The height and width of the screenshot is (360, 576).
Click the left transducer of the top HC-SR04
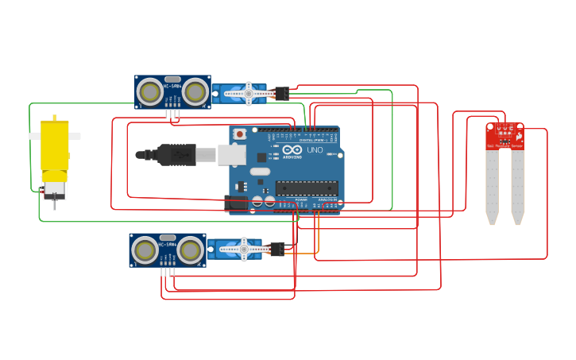click(x=149, y=91)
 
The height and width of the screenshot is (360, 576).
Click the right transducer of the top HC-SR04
click(x=195, y=91)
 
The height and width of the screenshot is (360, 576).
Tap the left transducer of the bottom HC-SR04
click(x=145, y=250)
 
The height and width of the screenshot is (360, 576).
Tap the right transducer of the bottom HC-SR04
click(x=190, y=250)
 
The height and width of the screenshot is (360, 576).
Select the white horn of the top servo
click(x=248, y=93)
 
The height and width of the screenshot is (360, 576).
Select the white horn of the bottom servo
click(x=243, y=249)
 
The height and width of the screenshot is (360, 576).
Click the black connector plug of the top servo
click(x=280, y=93)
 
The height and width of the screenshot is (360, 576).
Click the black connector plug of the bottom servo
click(x=276, y=249)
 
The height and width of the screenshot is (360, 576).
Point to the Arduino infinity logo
click(x=292, y=150)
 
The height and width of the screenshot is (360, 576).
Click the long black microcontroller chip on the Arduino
click(x=306, y=188)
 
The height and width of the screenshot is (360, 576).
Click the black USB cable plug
click(x=176, y=154)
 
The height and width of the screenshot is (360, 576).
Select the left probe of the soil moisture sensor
click(x=493, y=187)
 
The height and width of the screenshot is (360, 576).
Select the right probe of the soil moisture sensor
click(x=518, y=187)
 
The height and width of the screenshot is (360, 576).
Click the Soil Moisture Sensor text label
click(x=504, y=145)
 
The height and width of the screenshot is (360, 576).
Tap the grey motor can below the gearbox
click(x=55, y=189)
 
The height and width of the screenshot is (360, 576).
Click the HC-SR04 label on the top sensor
click(x=172, y=86)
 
